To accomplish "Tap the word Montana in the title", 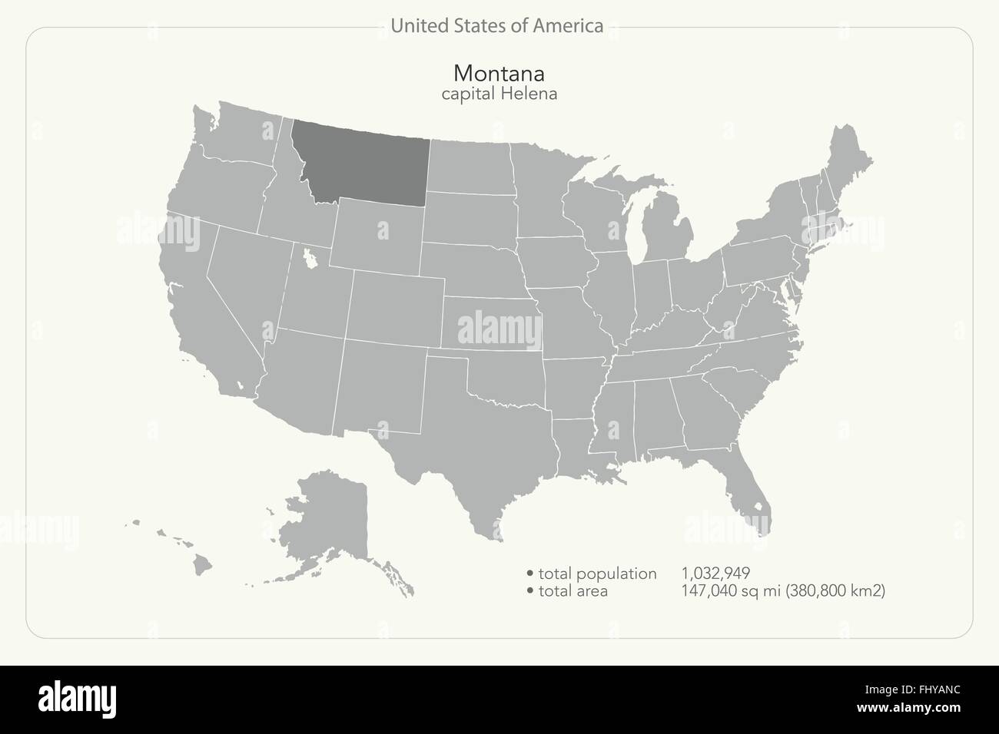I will click(499, 74).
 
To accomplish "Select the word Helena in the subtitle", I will click(528, 94).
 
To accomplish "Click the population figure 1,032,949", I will click(715, 574).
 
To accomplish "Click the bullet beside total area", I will click(530, 591).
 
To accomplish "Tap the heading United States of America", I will click(496, 26).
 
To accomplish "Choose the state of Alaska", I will click(327, 522).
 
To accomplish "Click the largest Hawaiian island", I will click(202, 565).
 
